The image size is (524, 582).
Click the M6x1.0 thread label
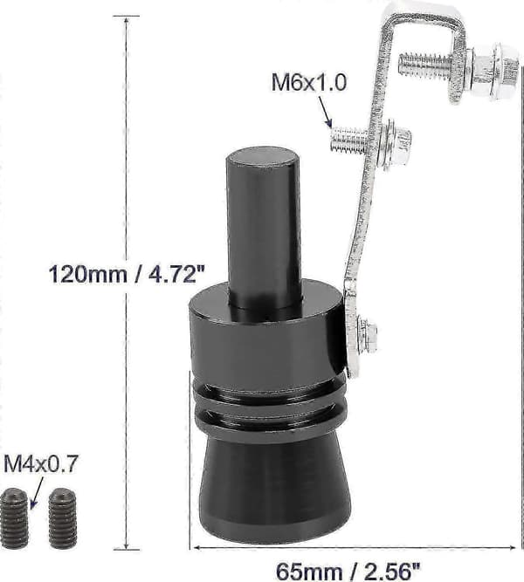pos(309,82)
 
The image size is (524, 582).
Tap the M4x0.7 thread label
pos(40,464)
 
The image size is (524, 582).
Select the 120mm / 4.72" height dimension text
pos(127,274)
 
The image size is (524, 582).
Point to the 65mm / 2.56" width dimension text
pos(348,571)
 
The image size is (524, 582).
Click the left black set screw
pos(14,518)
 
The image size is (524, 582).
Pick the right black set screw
pos(63,518)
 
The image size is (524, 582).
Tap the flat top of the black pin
pos(262,156)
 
